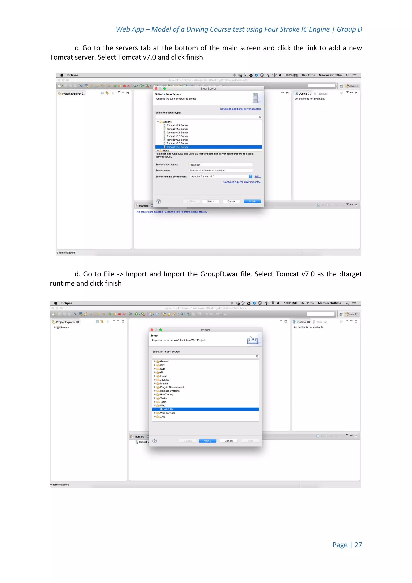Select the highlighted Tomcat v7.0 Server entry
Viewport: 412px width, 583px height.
click(177, 147)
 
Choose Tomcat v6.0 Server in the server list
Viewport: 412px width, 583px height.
click(177, 144)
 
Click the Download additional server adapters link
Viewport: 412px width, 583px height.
click(241, 109)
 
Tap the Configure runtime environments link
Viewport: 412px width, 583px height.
click(242, 182)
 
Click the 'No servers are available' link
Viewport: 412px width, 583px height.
click(172, 212)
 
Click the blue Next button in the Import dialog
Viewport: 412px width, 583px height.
click(207, 441)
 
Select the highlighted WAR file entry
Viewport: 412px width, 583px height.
click(168, 409)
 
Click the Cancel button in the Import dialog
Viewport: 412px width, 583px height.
click(229, 441)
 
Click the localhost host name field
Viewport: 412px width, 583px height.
click(220, 165)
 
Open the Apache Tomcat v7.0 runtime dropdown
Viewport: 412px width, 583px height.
click(250, 177)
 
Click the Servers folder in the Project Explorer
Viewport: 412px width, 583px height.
click(64, 328)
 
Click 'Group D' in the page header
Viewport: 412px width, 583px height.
click(349, 29)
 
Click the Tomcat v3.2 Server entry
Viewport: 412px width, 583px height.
click(177, 125)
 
